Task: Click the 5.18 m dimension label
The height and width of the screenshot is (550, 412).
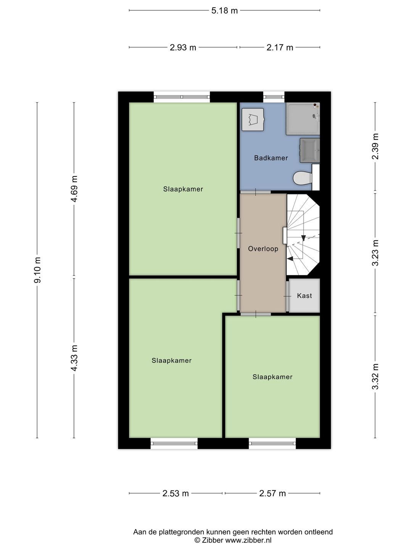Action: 224,11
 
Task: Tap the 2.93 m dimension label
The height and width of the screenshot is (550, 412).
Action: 183,48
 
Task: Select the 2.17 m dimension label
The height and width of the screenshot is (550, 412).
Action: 280,48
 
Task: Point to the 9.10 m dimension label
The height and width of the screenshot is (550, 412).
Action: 37,270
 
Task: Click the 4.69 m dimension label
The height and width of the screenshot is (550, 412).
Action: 74,189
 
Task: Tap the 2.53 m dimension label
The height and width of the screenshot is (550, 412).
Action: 175,493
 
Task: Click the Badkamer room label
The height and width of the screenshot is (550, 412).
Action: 271,158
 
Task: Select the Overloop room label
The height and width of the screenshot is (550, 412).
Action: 263,249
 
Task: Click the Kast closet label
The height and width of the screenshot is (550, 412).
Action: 304,296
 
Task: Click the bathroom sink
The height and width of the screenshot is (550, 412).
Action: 310,150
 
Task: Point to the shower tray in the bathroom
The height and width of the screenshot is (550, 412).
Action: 303,118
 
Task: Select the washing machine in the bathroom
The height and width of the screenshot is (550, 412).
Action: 253,120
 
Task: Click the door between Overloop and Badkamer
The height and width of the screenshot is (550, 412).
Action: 255,191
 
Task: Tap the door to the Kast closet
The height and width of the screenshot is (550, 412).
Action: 287,296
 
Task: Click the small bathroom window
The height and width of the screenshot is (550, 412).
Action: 274,97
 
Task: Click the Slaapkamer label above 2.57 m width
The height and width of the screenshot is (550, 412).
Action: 272,377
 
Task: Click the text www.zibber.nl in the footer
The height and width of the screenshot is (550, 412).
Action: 248,540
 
